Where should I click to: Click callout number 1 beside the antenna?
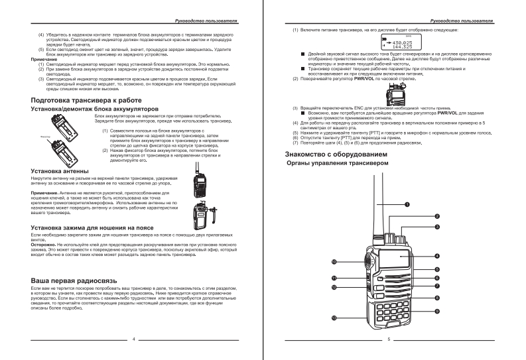point(407,204)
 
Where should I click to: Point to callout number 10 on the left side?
point(334,261)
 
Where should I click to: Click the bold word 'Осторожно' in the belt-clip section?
point(44,243)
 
